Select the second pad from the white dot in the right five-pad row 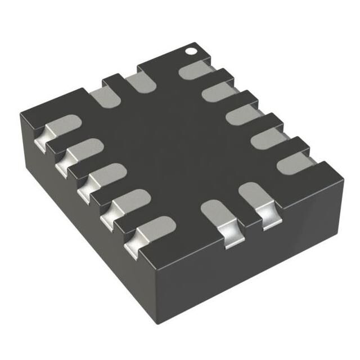pyautogui.click(x=219, y=91)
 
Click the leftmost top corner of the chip pyautogui.click(x=21, y=115)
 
